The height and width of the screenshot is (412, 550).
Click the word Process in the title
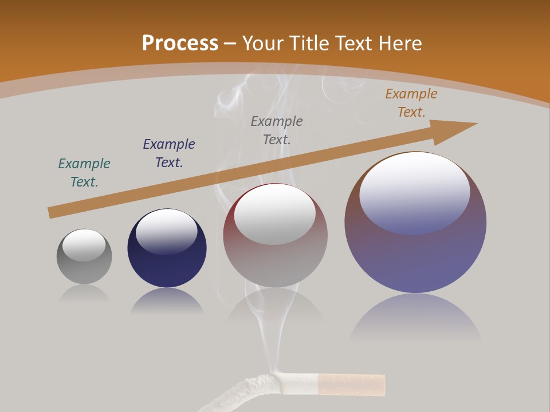(x=180, y=43)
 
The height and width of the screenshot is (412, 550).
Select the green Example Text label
(x=84, y=172)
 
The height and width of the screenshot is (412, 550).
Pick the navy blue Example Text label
(x=169, y=153)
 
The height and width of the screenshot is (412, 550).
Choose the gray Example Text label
(x=277, y=130)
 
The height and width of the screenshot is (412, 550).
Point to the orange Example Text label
(x=411, y=103)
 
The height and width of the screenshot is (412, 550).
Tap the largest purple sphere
(x=415, y=257)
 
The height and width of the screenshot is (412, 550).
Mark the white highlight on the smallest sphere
(x=84, y=244)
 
